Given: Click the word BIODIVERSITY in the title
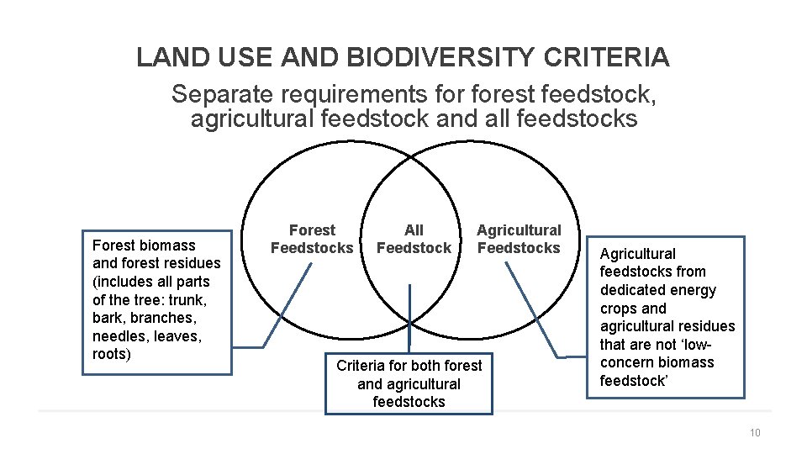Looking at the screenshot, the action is pos(437,57).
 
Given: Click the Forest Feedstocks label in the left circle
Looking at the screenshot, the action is pos(312,239).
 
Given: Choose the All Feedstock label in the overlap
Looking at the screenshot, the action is pos(414,239).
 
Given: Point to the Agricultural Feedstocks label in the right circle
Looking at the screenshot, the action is pos(519,239).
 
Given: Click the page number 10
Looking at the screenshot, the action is pos(754,433).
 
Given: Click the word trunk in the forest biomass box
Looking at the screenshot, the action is pos(186,299).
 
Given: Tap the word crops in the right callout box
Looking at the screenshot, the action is pos(619,309).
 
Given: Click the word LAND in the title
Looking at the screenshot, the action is pos(165,57).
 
